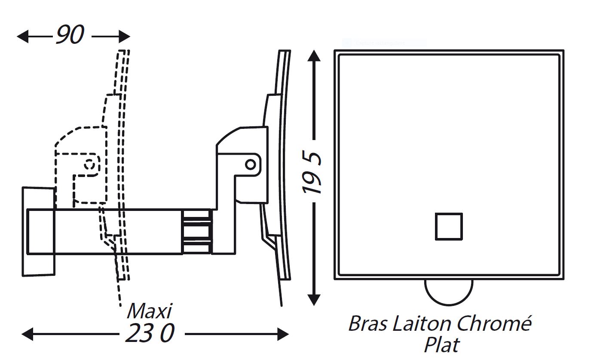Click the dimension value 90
click(x=70, y=36)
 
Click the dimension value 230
click(x=150, y=334)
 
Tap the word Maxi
click(x=149, y=310)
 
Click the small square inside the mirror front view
click(x=448, y=226)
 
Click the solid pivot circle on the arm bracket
click(x=250, y=164)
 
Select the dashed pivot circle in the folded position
click(x=90, y=164)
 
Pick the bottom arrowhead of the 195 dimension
click(x=315, y=300)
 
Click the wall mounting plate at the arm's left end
click(x=38, y=231)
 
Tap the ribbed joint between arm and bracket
click(x=196, y=232)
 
